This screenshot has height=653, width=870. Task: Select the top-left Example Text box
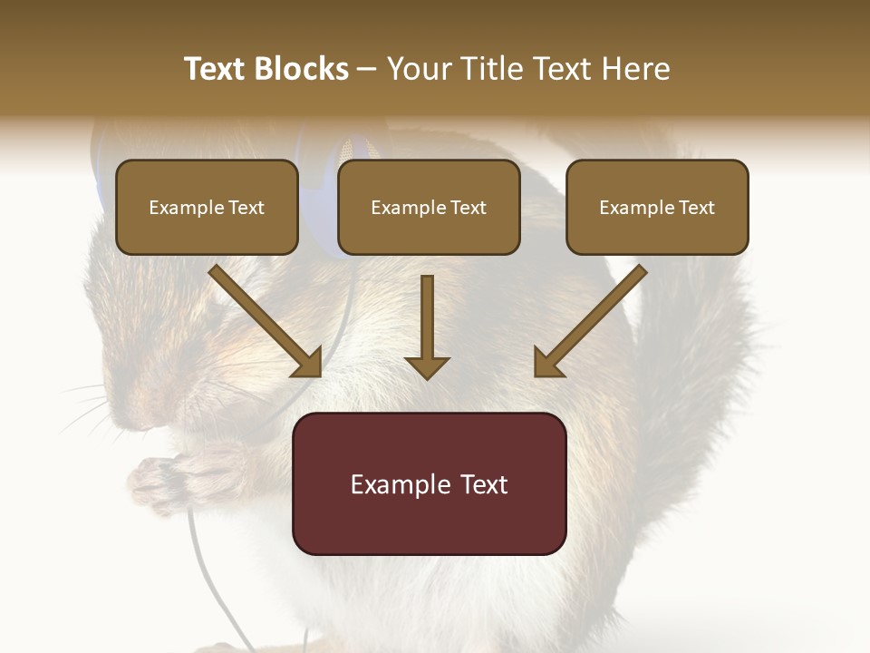click(207, 208)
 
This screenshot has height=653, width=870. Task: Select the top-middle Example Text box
click(429, 208)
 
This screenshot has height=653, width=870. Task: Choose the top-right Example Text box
click(657, 208)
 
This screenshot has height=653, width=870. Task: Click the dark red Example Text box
click(429, 484)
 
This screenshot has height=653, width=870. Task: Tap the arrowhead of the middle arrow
click(428, 366)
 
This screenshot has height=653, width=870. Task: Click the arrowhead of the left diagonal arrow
click(308, 363)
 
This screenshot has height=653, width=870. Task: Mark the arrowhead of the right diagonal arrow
click(547, 363)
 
